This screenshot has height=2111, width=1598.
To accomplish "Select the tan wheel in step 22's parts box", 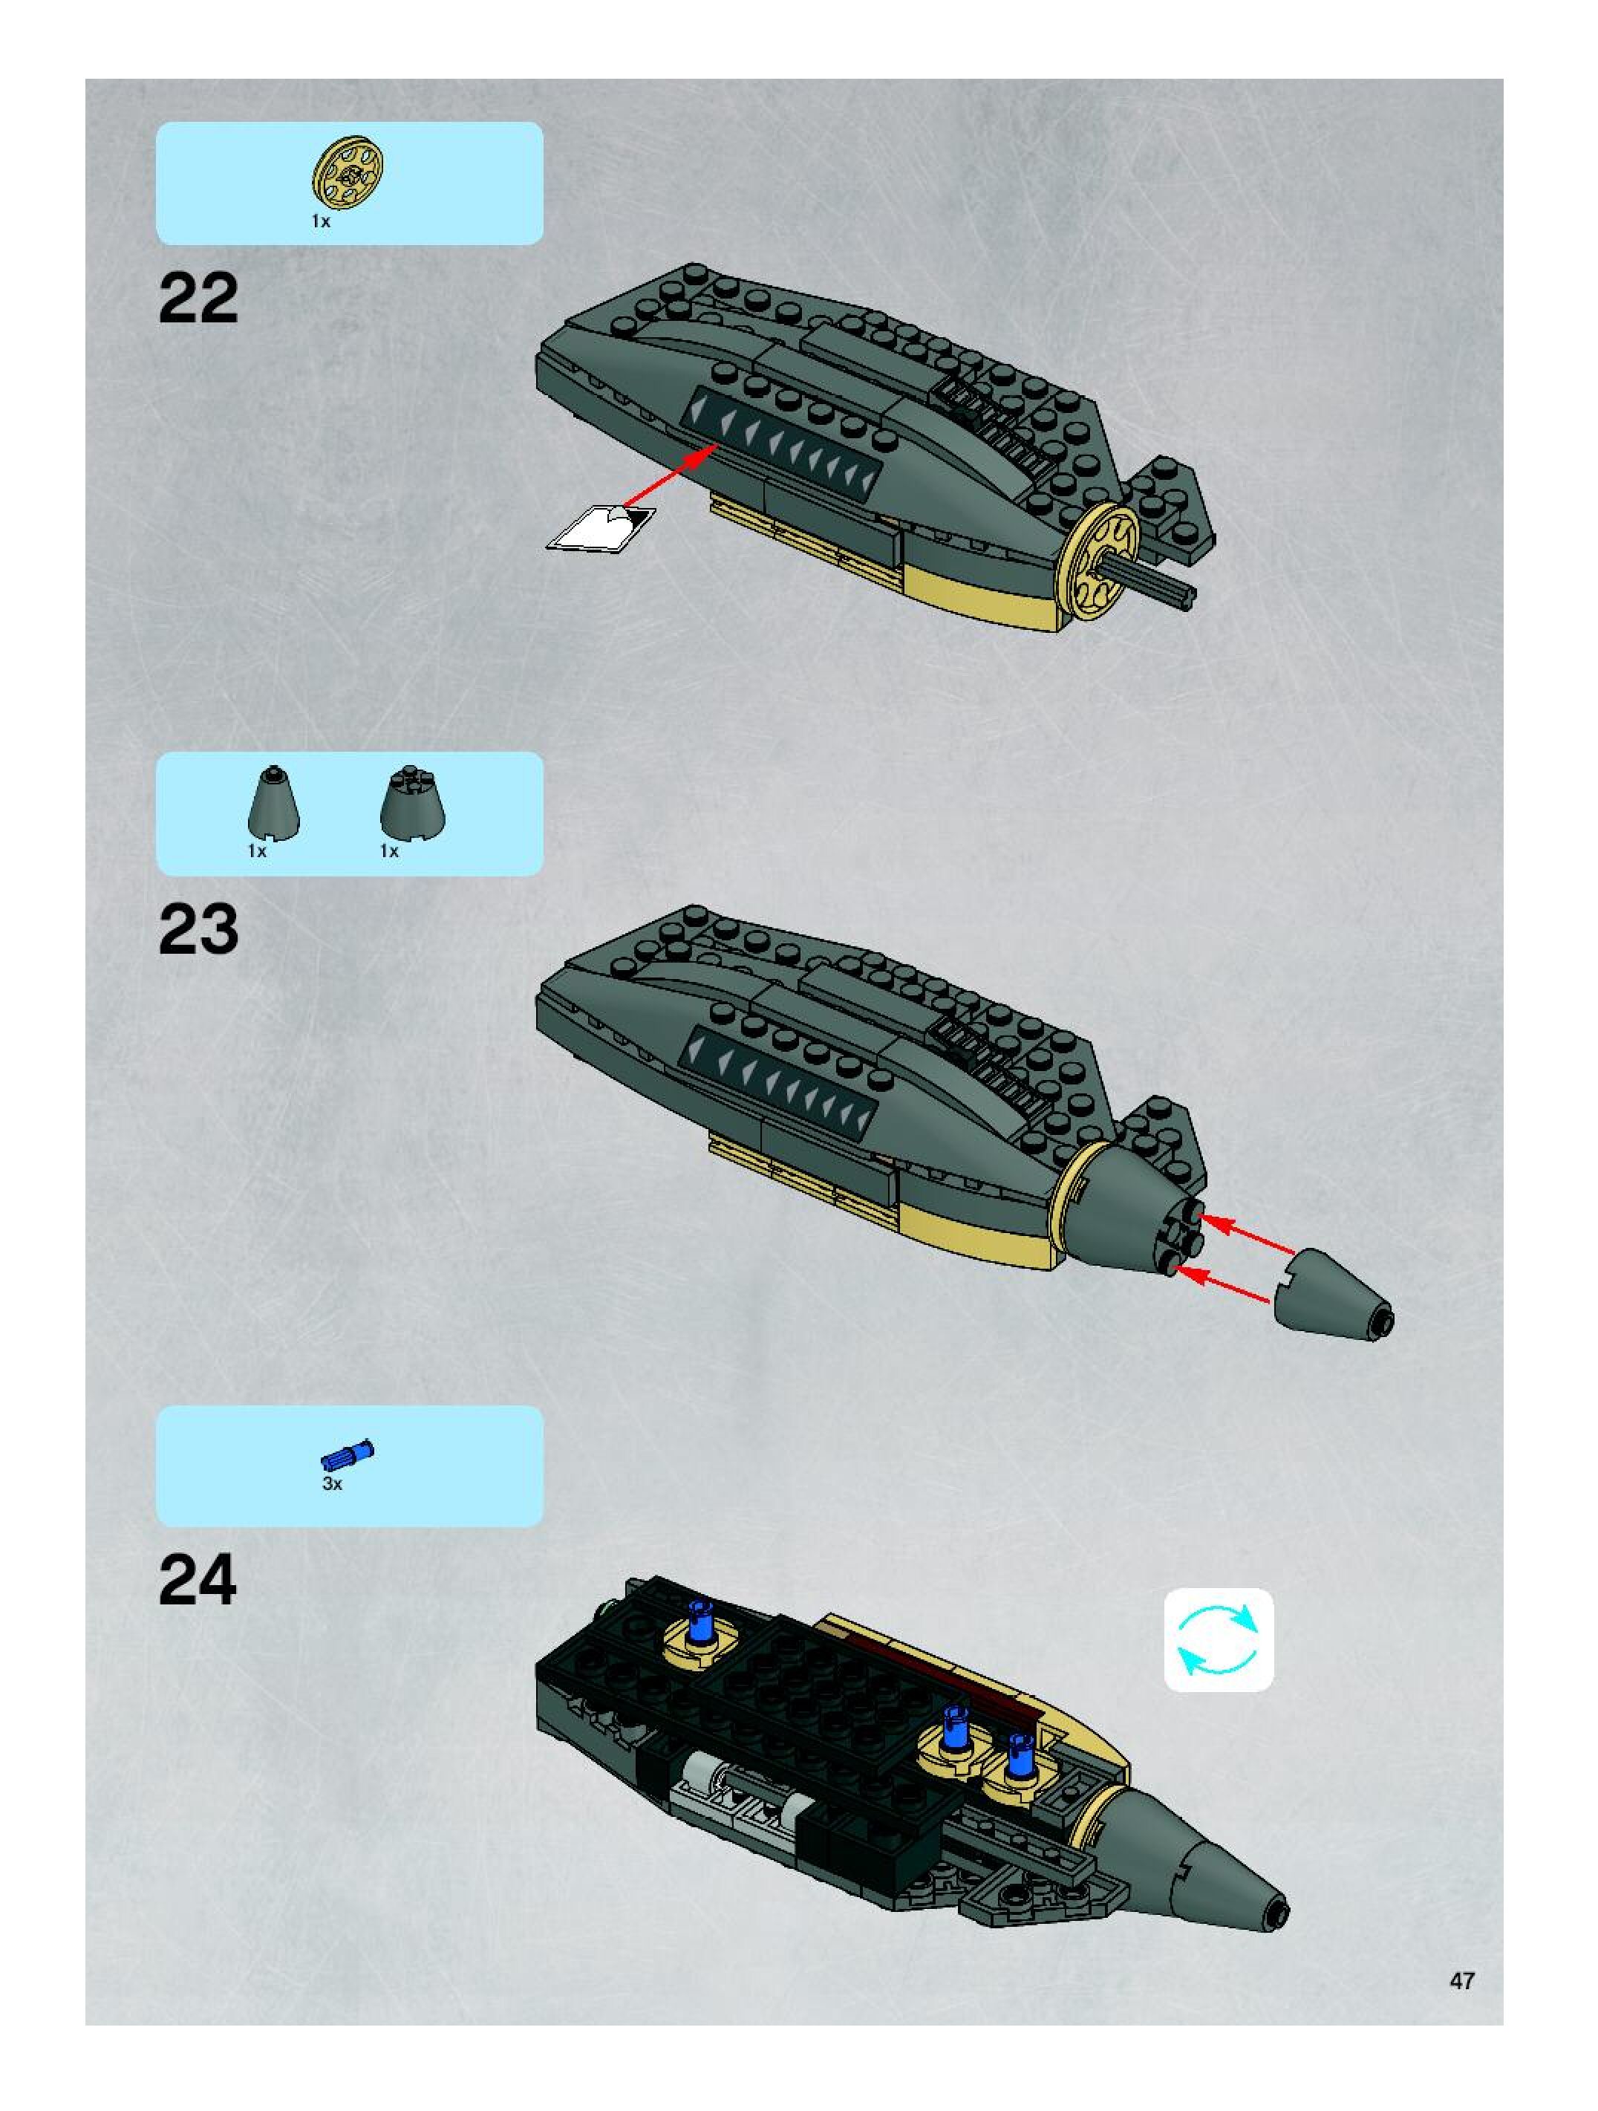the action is (x=348, y=174).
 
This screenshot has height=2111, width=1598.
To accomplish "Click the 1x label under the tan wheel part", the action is (x=321, y=221).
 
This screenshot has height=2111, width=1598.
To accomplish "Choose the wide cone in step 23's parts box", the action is (x=412, y=804).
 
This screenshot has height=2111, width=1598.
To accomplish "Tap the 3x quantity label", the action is (x=332, y=1484).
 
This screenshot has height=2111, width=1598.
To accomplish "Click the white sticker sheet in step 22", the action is (x=599, y=527).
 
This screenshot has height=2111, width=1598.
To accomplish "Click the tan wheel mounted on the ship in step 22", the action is (x=1103, y=559).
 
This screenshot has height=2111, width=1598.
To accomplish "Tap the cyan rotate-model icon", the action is (x=1219, y=1639).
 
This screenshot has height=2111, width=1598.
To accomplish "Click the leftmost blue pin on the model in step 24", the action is (x=701, y=1624).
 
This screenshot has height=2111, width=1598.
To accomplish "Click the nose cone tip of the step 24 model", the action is (x=1276, y=1910).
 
